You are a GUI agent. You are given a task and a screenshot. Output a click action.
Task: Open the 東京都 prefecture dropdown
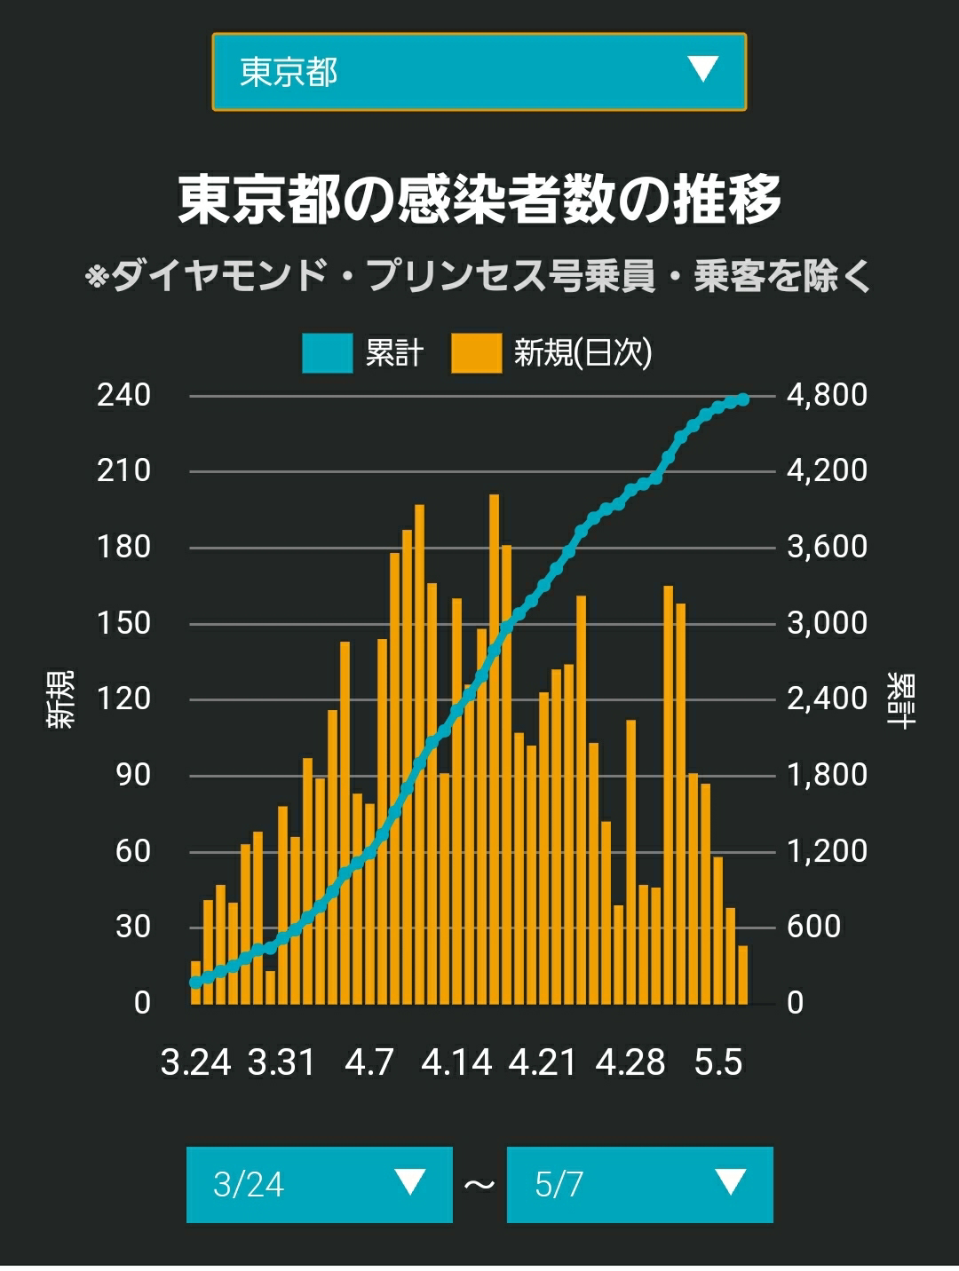(479, 72)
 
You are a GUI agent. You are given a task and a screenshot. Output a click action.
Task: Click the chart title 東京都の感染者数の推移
(479, 199)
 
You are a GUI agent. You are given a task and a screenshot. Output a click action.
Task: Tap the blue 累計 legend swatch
(327, 352)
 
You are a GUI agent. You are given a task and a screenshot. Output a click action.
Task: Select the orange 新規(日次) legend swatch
(476, 352)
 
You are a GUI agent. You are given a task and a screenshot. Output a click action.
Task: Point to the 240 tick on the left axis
(124, 396)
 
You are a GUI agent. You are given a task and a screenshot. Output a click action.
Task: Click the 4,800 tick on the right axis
(827, 396)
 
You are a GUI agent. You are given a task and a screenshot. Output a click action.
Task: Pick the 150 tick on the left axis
(124, 624)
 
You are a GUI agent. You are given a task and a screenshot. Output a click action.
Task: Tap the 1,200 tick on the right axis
(827, 851)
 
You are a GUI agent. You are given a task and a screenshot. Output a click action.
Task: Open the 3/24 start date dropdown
(319, 1185)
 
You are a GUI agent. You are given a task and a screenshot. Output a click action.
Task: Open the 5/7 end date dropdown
(640, 1185)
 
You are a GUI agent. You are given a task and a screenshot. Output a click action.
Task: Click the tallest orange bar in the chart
(494, 749)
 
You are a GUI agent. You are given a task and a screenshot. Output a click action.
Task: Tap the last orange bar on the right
(743, 975)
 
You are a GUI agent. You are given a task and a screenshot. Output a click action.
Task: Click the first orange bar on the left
(195, 983)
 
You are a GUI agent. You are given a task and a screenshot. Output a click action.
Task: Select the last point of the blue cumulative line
(743, 399)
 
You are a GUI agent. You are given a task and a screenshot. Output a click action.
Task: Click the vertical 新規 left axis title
(59, 699)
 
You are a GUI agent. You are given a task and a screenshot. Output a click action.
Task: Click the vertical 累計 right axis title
(901, 699)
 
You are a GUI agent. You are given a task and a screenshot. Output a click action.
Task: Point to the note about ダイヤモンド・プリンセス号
(479, 275)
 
